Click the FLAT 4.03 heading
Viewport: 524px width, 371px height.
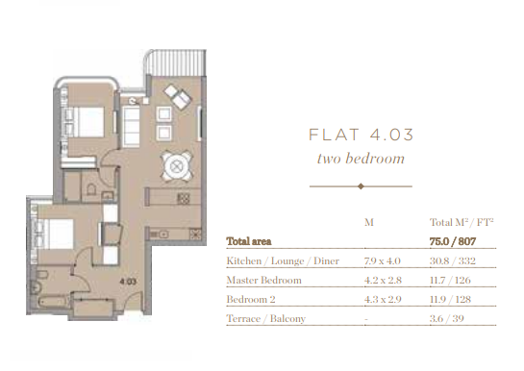click(x=361, y=135)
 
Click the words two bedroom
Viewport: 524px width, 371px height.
click(x=361, y=159)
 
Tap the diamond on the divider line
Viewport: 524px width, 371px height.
click(x=361, y=186)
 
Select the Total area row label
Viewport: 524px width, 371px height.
click(x=249, y=241)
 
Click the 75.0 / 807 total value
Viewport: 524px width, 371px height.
click(x=453, y=241)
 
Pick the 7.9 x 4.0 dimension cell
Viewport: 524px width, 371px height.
click(x=383, y=260)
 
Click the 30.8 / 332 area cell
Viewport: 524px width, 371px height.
click(x=453, y=260)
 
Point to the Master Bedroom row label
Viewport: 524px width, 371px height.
click(x=263, y=280)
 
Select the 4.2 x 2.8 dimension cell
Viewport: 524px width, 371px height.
click(x=383, y=280)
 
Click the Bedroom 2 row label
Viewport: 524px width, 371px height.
click(x=251, y=299)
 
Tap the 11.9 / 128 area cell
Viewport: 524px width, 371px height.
click(x=450, y=299)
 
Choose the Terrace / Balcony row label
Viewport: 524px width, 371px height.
click(x=266, y=318)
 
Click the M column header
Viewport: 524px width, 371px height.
click(x=369, y=222)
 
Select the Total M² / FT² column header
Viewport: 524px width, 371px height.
click(x=462, y=222)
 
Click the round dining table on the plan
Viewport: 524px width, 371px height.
click(x=177, y=166)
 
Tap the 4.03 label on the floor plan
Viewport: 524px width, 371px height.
click(x=128, y=282)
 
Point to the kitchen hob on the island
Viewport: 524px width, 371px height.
click(x=184, y=199)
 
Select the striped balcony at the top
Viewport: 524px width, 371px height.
click(x=175, y=62)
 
